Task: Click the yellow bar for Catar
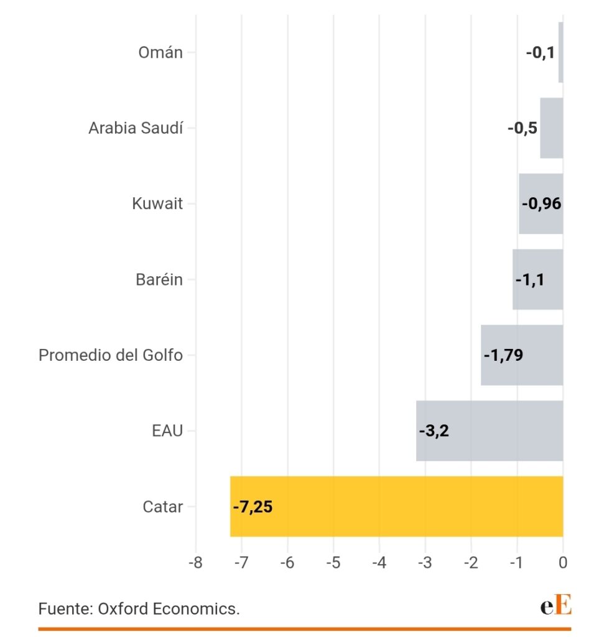point(396,506)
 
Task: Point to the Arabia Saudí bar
point(551,128)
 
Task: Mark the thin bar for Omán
point(560,52)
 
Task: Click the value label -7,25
point(253,506)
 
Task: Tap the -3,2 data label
point(434,430)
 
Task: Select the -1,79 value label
point(503,355)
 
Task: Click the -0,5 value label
point(523,128)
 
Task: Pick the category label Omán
point(160,52)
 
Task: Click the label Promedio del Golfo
point(111,355)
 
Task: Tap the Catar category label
point(163,506)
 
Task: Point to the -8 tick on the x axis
point(195,563)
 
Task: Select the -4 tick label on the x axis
point(379,563)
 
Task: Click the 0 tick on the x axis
point(563,563)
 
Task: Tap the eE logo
point(556,605)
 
